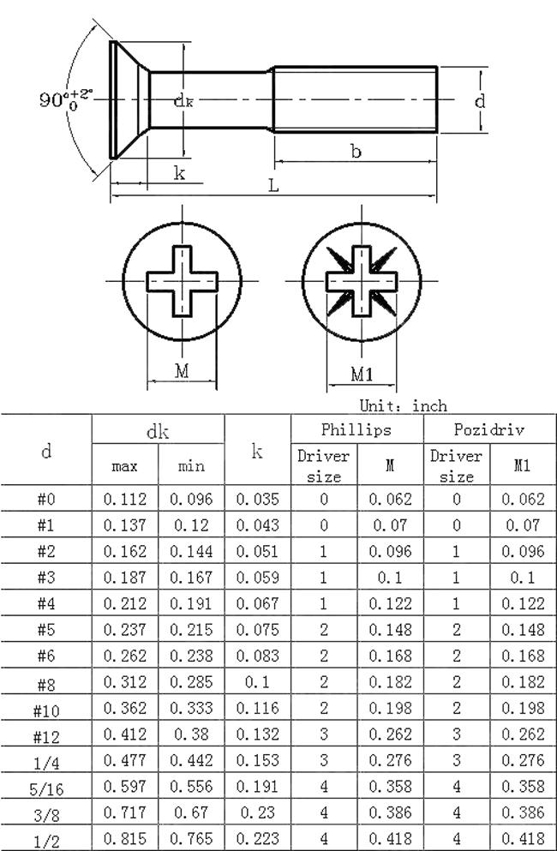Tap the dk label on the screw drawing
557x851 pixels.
pyautogui.click(x=183, y=101)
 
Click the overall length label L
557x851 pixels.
pyautogui.click(x=273, y=186)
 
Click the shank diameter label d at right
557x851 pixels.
pyautogui.click(x=480, y=100)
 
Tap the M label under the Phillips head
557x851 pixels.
pyautogui.click(x=182, y=371)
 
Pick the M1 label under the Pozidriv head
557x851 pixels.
pyautogui.click(x=362, y=374)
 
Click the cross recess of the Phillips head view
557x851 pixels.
pyautogui.click(x=183, y=281)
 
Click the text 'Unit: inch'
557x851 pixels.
pyautogui.click(x=404, y=405)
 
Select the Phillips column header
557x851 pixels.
pyautogui.click(x=356, y=430)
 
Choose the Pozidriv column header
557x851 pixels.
pyautogui.click(x=489, y=430)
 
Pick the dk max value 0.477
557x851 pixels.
pyautogui.click(x=125, y=760)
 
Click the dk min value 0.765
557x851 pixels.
pyautogui.click(x=191, y=838)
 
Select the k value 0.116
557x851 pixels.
pyautogui.click(x=257, y=708)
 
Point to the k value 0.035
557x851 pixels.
pyautogui.click(x=257, y=499)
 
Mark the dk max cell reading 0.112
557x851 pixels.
pyautogui.click(x=125, y=499)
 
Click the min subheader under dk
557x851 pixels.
pyautogui.click(x=191, y=465)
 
